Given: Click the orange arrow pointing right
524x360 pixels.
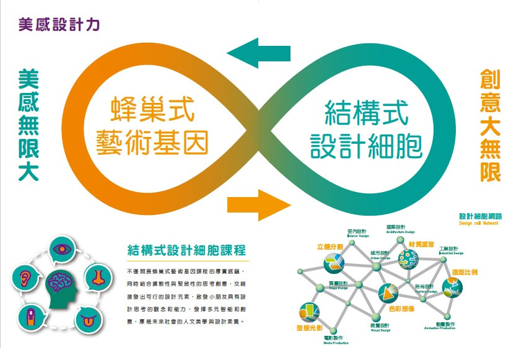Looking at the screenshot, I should click(259, 203).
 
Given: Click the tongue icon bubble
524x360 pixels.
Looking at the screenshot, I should click(87, 319).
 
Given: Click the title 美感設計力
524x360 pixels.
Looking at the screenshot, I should click(59, 25).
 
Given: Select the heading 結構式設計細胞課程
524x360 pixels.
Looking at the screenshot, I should click(186, 250).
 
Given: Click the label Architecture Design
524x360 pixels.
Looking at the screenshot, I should click(400, 232).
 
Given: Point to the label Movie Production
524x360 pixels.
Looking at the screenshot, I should click(336, 343).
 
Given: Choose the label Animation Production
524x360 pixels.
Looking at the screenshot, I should click(440, 328).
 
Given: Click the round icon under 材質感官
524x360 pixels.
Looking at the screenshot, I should click(408, 260).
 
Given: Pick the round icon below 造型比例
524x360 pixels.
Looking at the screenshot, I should click(452, 286).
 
